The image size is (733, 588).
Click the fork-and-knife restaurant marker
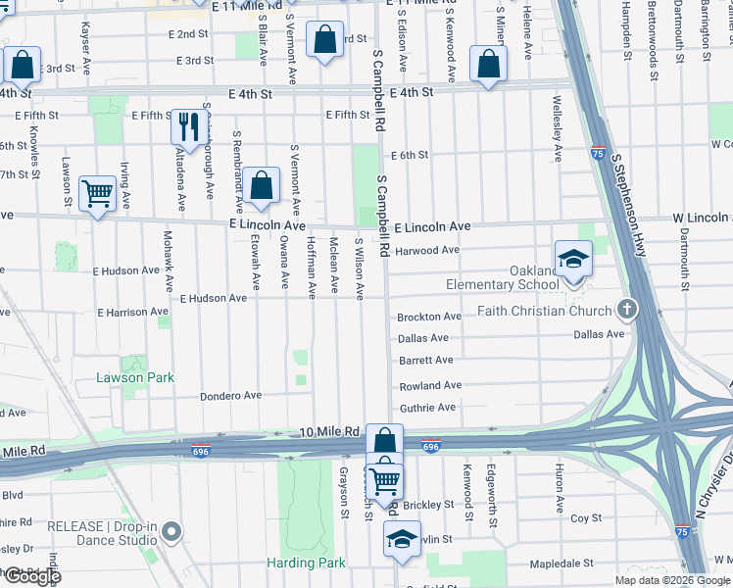pos(185,126)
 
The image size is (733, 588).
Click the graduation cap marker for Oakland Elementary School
pos(572,259)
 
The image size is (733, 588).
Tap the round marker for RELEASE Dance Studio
pos(172,532)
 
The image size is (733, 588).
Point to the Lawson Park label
pos(134,377)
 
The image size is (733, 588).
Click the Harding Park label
pos(306,563)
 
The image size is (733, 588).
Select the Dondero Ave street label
pos(230,396)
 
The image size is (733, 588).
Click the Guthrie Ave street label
pos(427,408)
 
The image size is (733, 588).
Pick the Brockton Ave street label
pos(429,317)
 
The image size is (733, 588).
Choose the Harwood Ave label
pos(427,250)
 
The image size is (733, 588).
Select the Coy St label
pos(585,517)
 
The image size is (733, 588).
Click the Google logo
pos(31,576)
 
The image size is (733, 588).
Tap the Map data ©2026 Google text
pos(672,580)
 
